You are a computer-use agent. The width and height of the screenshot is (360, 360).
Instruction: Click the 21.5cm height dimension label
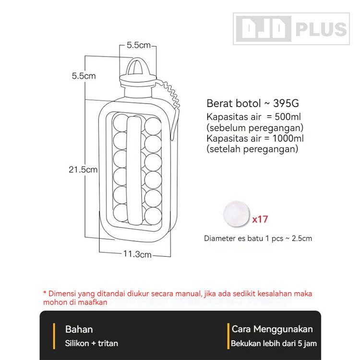coord(83,169)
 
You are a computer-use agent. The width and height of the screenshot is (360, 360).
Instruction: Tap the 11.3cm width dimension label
coord(137,254)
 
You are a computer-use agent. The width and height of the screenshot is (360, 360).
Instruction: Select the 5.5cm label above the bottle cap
coord(138,45)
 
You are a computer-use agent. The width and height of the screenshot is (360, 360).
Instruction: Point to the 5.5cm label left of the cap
coord(84,76)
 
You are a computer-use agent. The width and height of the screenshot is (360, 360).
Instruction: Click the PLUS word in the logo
coord(320,30)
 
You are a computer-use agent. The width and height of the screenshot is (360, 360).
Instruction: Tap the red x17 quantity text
coord(260,219)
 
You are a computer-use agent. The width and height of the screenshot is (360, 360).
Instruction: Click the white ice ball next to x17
coord(236,214)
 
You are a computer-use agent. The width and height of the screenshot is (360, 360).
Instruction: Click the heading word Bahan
coord(79,329)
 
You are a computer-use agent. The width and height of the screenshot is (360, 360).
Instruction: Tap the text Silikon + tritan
coord(92,343)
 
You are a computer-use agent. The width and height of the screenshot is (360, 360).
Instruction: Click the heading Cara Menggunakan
coord(272,329)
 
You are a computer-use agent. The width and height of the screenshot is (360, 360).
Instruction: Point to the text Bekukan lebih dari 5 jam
coord(274,344)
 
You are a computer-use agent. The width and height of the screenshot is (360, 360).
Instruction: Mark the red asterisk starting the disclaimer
coord(45,293)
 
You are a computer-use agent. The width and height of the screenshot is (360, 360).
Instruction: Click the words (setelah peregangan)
coord(252,149)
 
